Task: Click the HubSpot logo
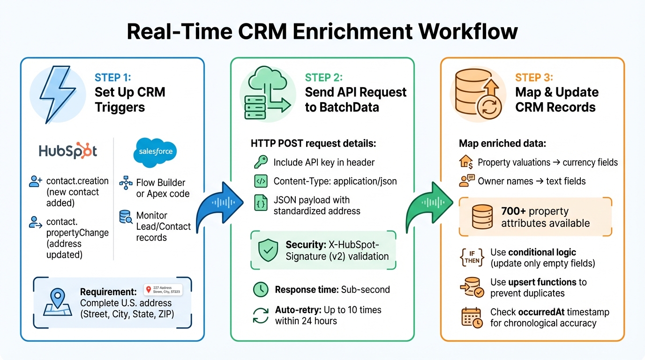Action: point(68,151)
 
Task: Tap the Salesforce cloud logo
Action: point(156,151)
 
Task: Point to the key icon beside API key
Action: point(260,162)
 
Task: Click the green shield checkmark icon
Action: point(268,250)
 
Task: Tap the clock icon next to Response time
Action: point(261,290)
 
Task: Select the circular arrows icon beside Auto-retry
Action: point(261,315)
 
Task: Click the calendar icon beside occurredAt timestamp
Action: point(472,317)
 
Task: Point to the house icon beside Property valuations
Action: point(465,162)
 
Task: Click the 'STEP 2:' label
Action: point(324,77)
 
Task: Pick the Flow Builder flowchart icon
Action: point(126,183)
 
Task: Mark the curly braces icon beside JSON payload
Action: point(261,204)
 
